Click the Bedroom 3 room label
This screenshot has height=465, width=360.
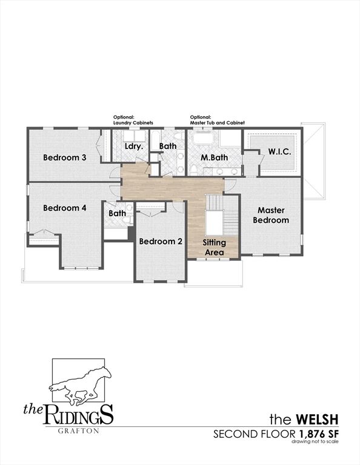(65, 157)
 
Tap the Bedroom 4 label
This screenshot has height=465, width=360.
(65, 208)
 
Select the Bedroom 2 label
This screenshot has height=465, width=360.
(161, 241)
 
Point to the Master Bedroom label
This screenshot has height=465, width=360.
(271, 215)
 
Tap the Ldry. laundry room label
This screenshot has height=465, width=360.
(133, 147)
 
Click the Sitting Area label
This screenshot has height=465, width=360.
(214, 247)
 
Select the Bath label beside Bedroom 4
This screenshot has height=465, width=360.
(118, 213)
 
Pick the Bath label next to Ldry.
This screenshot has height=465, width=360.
(168, 147)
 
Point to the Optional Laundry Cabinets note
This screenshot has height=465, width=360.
(132, 120)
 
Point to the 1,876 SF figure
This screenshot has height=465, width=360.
(318, 434)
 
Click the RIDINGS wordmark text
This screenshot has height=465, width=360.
(78, 417)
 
